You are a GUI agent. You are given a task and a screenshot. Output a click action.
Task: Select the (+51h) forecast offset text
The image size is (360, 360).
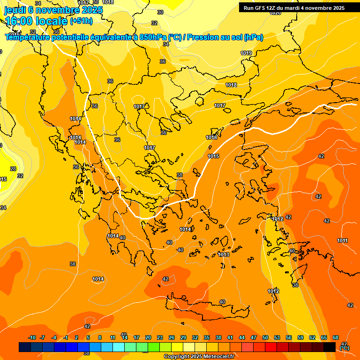click(x=81, y=21)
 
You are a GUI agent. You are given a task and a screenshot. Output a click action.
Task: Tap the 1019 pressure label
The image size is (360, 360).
click(x=247, y=53)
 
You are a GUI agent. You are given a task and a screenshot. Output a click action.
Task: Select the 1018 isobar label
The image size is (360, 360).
click(x=231, y=85)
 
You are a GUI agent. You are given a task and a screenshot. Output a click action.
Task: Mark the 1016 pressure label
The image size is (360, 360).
click(x=211, y=137)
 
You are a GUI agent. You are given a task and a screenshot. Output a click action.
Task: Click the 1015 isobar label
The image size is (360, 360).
click(x=213, y=156)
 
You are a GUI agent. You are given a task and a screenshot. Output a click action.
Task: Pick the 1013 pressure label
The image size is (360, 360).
click(x=224, y=255)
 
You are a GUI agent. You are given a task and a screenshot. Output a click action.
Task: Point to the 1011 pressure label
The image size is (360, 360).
click(x=342, y=240)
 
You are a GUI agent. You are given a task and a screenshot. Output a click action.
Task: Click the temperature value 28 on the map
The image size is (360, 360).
click(x=13, y=169)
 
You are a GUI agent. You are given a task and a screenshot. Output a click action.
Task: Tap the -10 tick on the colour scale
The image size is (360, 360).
click(x=32, y=337)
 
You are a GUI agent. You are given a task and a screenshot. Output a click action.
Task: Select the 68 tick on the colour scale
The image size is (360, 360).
click(x=336, y=337)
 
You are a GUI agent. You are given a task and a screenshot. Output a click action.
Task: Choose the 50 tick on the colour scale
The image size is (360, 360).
click(x=265, y=337)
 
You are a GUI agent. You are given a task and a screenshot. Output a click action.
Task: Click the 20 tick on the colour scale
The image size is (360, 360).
click(x=148, y=337)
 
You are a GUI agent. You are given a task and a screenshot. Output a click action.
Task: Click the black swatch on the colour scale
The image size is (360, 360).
click(x=330, y=347)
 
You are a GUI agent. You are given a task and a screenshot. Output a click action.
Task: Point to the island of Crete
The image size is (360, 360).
click(x=211, y=309)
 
